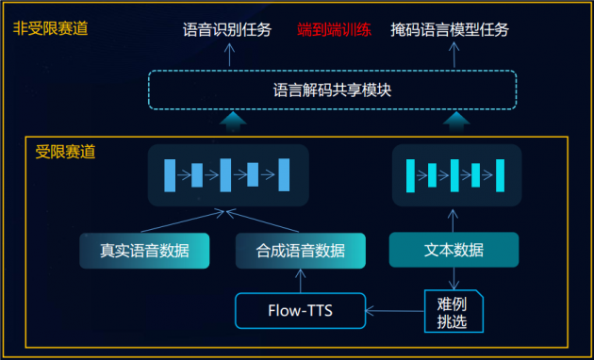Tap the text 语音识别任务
[x=227, y=30]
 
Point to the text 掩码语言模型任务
[x=450, y=30]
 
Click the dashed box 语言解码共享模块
[x=332, y=90]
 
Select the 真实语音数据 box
[x=144, y=251]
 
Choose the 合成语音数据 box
[x=300, y=251]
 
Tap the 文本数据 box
[x=453, y=250]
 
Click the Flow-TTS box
[x=300, y=309]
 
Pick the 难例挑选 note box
[x=452, y=310]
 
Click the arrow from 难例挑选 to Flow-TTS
[x=394, y=309]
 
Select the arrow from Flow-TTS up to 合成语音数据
[x=300, y=279]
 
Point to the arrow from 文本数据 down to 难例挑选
[x=453, y=277]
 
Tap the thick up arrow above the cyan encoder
[x=456, y=122]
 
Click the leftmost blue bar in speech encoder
[x=171, y=174]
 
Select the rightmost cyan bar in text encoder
[x=501, y=174]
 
